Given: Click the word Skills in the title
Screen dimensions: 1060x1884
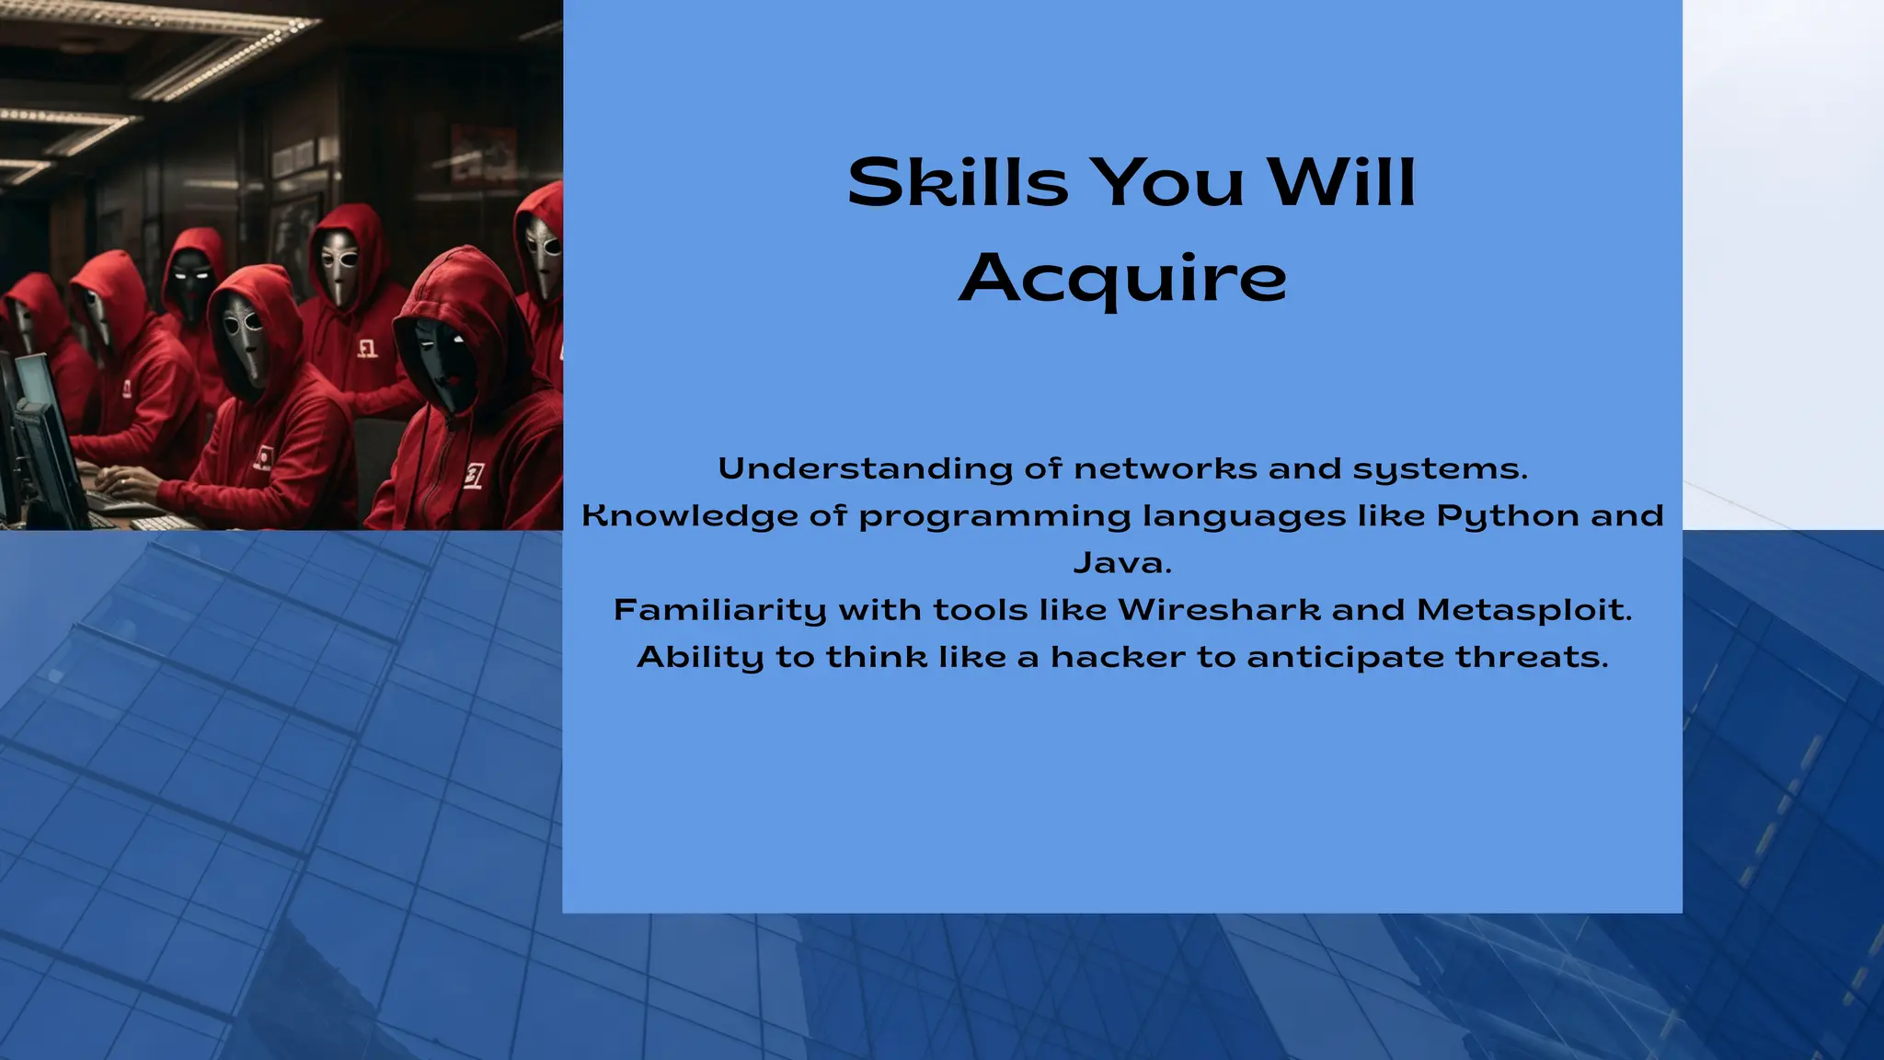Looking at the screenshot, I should (x=957, y=182).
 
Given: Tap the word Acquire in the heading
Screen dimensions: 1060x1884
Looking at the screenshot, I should (x=1122, y=279).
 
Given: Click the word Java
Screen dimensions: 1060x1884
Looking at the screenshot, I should (x=1122, y=563).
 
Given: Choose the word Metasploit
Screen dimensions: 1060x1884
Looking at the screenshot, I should (x=1523, y=610).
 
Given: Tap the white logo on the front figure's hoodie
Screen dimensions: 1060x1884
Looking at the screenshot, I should (x=473, y=477).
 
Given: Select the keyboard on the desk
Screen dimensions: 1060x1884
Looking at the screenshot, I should (x=161, y=522).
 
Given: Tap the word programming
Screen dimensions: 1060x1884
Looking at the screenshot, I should (x=994, y=516).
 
